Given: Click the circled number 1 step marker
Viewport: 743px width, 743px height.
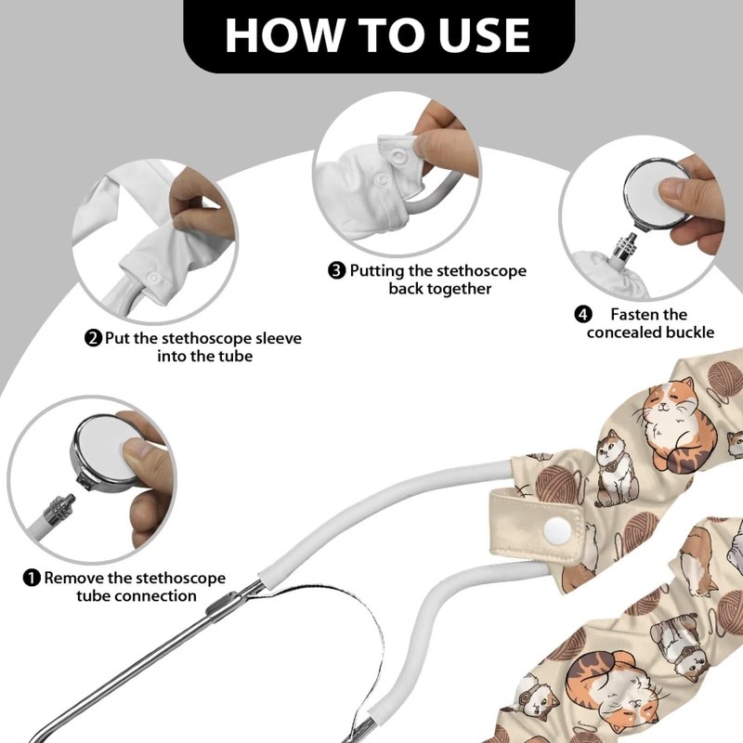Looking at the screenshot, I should pyautogui.click(x=32, y=579).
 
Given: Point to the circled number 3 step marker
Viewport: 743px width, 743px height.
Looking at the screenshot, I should pyautogui.click(x=337, y=271).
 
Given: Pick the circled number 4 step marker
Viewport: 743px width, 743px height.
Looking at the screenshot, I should pyautogui.click(x=583, y=314).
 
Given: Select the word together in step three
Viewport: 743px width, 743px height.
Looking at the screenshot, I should pyautogui.click(x=457, y=289).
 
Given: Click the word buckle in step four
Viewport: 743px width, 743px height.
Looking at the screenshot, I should pyautogui.click(x=686, y=332).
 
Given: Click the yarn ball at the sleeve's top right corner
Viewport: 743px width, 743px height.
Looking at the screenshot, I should pyautogui.click(x=723, y=376).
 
